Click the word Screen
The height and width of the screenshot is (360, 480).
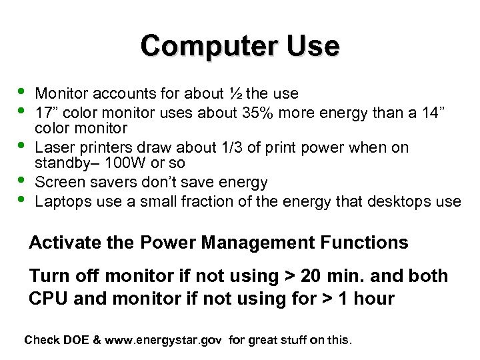pyautogui.click(x=57, y=181)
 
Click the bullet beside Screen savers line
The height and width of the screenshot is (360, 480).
pyautogui.click(x=21, y=180)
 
